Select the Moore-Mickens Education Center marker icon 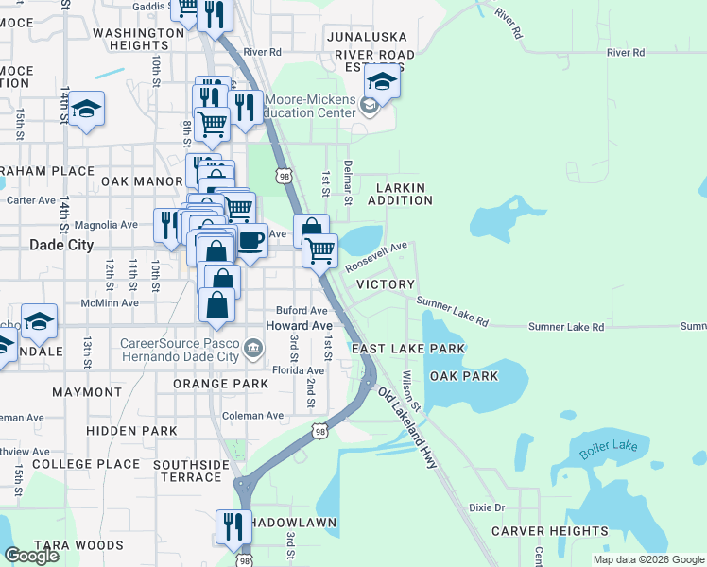coord(370,107)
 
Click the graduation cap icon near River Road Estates coord(382,81)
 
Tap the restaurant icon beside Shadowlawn coord(233,525)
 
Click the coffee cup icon coord(250,239)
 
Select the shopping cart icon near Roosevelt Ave coord(319,250)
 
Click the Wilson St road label coord(408,388)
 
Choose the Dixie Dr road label coord(487,507)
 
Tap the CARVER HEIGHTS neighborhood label coord(549,531)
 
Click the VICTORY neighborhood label coord(386,284)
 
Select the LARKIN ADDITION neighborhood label coord(400,194)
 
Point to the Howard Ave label coord(299,325)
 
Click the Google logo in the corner coord(31,556)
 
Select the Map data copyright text coord(647,559)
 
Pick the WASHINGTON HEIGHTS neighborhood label coord(138,39)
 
